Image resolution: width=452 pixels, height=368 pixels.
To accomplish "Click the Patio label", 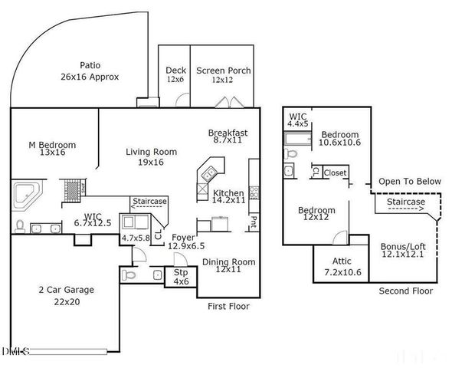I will [90, 71].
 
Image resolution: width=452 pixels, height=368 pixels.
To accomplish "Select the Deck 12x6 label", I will [175, 74].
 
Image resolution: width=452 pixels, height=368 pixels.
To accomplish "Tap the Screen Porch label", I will [223, 74].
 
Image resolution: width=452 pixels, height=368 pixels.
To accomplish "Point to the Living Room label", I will [151, 156].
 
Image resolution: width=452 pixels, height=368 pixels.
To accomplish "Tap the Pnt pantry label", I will [253, 222].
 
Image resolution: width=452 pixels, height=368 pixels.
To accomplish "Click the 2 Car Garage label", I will [66, 294].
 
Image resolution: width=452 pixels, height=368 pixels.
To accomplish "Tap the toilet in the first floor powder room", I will [129, 274].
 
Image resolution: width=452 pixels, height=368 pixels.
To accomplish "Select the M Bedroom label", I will [53, 149].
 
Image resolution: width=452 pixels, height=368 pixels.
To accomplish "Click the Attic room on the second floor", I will [342, 266].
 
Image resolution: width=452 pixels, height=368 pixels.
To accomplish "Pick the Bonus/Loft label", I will [402, 251].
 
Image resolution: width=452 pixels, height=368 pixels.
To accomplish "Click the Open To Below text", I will [410, 182].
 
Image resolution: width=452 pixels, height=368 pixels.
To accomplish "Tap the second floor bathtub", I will [296, 139].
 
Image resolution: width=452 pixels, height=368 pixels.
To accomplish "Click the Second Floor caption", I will [405, 291].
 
